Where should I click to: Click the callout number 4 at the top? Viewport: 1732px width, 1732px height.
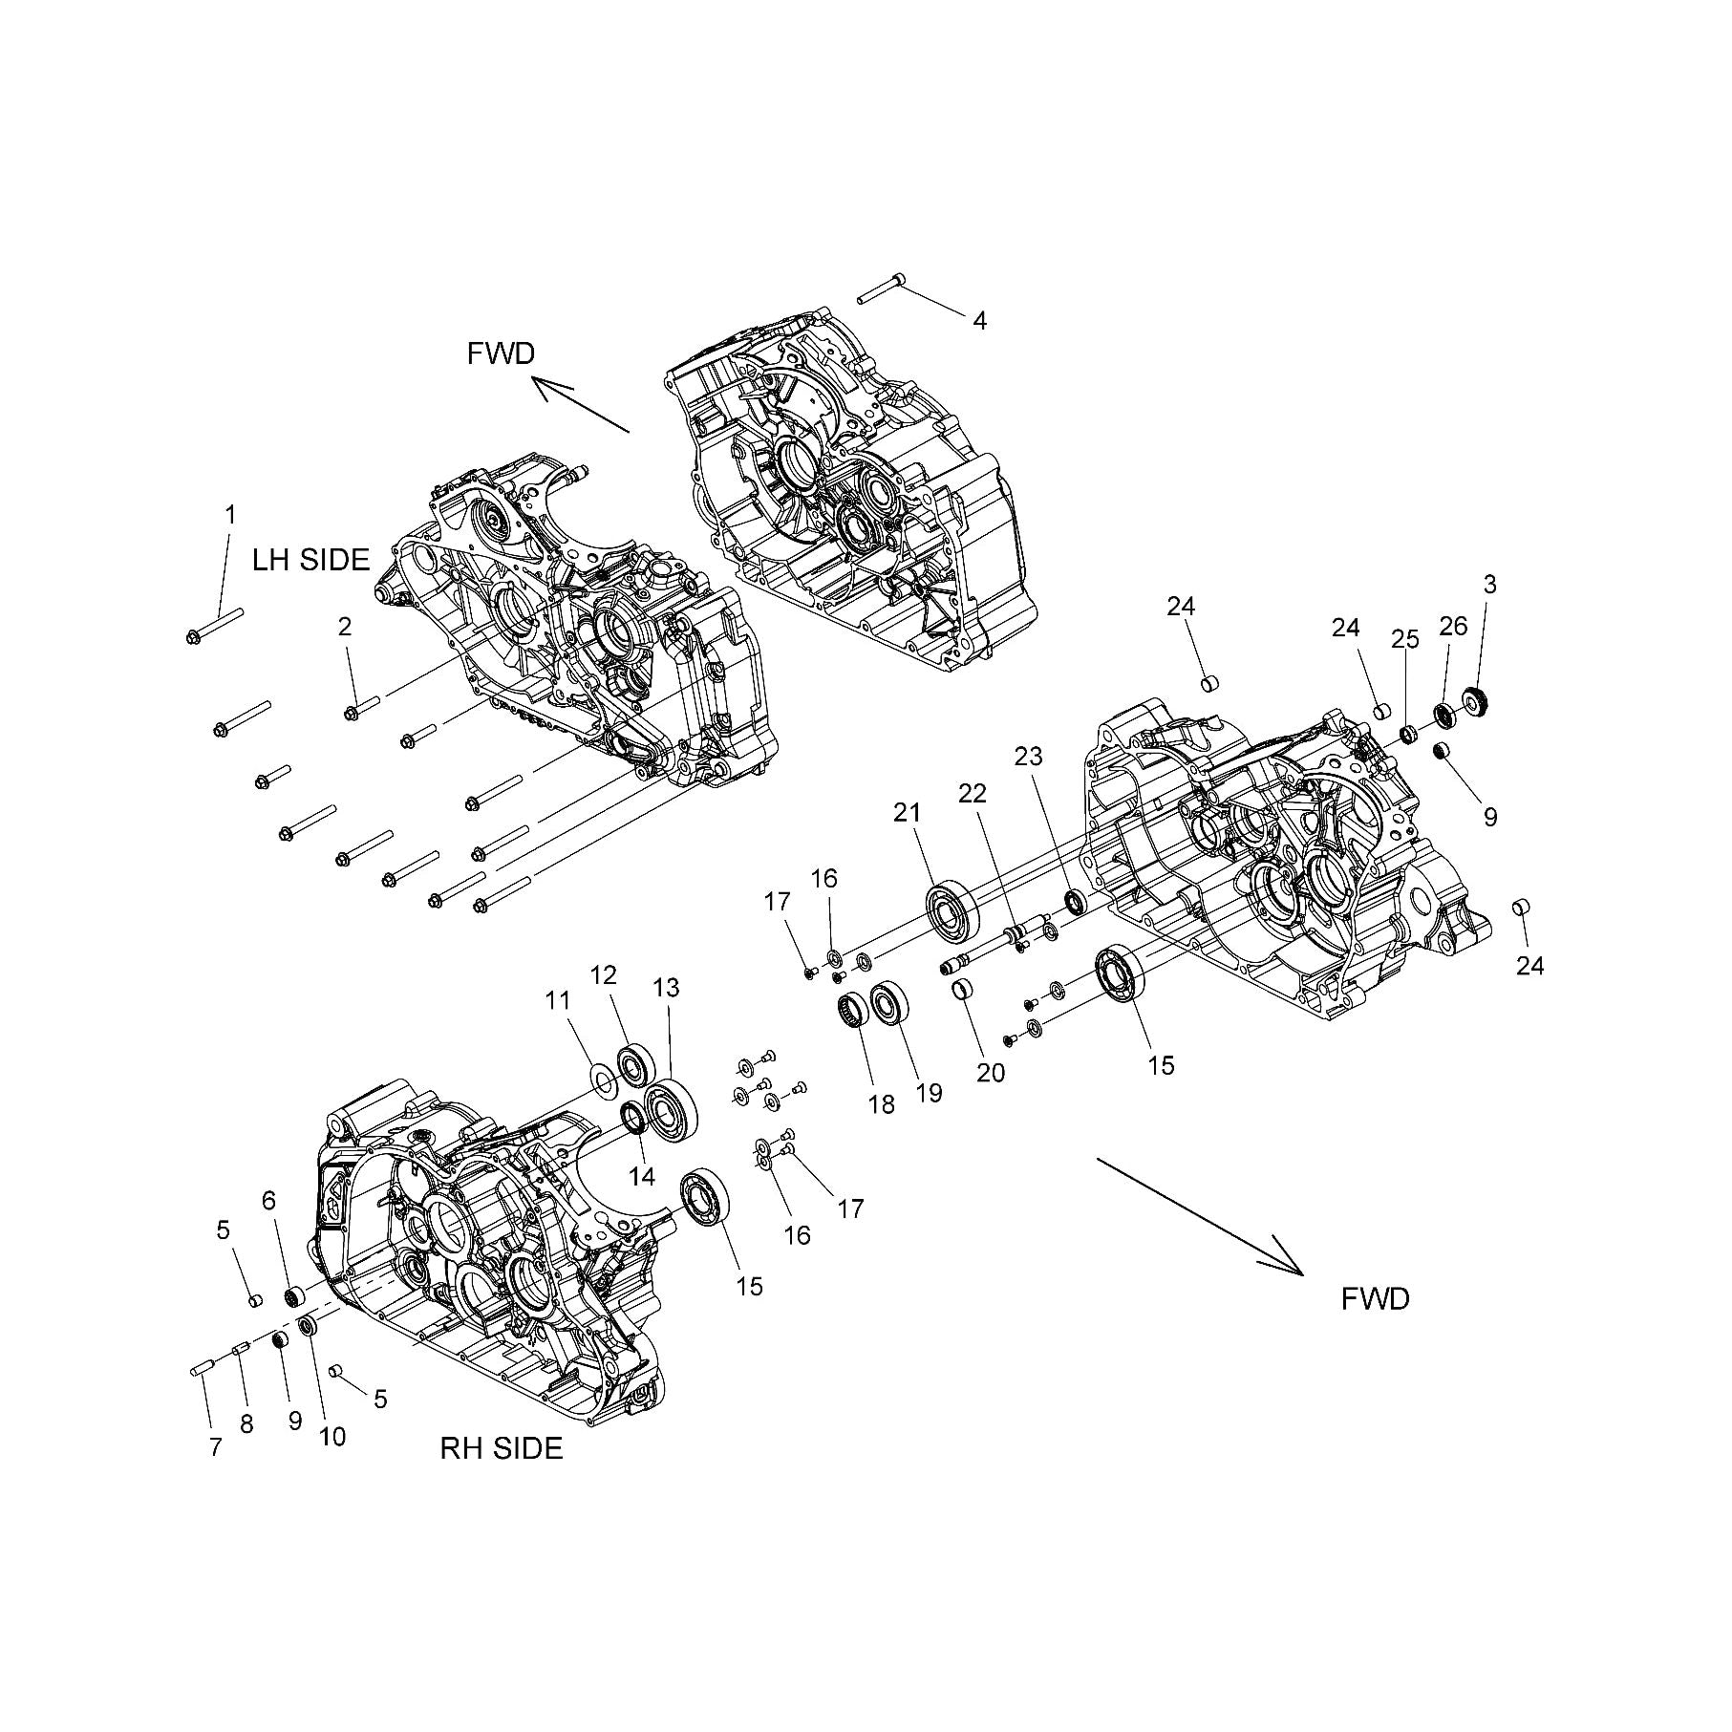tap(979, 321)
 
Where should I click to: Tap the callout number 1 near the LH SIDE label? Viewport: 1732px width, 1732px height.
tap(229, 515)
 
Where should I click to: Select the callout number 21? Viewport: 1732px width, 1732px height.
tap(907, 813)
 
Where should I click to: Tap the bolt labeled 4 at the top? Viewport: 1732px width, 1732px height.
tap(881, 287)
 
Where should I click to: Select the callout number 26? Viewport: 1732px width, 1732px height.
tap(1452, 628)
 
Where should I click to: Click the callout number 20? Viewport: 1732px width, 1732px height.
tap(991, 1073)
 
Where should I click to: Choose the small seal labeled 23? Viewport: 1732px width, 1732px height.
tap(1075, 900)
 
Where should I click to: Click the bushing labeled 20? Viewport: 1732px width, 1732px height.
tap(963, 989)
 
